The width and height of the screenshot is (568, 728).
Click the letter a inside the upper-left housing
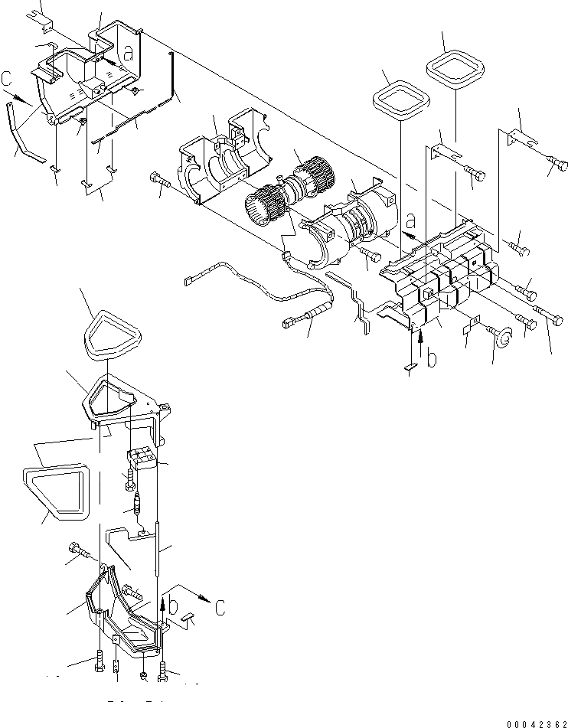tap(130, 54)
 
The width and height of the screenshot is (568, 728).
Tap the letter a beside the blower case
tap(410, 222)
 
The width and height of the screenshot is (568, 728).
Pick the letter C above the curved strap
tap(7, 78)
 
